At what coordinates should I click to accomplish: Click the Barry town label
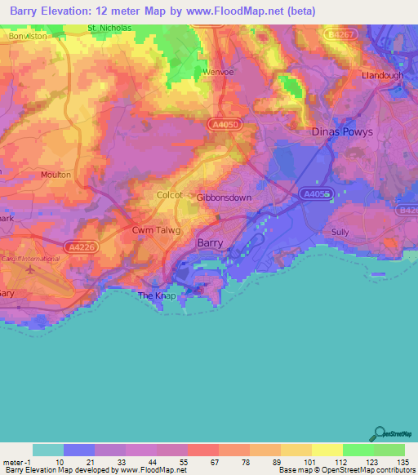(211, 242)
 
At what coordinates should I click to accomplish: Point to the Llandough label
(383, 75)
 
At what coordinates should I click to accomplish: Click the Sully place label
(340, 232)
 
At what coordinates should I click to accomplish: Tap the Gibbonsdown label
(224, 198)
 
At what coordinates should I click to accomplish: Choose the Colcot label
(170, 195)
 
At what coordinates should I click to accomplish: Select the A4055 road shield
(314, 194)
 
